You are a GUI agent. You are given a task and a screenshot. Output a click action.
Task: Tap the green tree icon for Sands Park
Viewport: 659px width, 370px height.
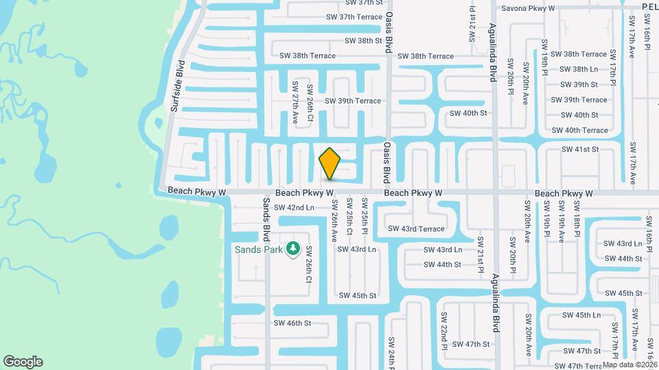click(x=294, y=249)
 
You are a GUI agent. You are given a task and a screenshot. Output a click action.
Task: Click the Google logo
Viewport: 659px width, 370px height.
click(x=23, y=362)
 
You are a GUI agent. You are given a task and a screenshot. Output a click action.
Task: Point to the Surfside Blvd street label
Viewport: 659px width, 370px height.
click(x=177, y=86)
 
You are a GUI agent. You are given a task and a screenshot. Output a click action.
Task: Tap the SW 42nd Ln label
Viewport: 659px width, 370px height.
click(x=294, y=208)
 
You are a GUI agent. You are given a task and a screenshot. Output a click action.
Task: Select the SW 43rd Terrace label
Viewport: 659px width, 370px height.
click(x=416, y=229)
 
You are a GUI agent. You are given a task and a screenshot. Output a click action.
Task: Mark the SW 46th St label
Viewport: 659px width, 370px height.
click(x=292, y=323)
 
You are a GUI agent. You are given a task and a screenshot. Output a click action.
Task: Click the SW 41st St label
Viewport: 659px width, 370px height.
click(x=580, y=149)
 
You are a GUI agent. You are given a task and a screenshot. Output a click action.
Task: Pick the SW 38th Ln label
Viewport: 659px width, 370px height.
click(x=579, y=69)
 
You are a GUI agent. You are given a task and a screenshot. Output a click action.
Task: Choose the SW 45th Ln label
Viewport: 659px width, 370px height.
click(x=581, y=315)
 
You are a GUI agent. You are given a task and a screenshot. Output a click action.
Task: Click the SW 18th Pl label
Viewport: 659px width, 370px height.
click(x=577, y=225)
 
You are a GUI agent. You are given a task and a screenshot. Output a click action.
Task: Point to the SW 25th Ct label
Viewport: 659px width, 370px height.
click(x=349, y=217)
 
